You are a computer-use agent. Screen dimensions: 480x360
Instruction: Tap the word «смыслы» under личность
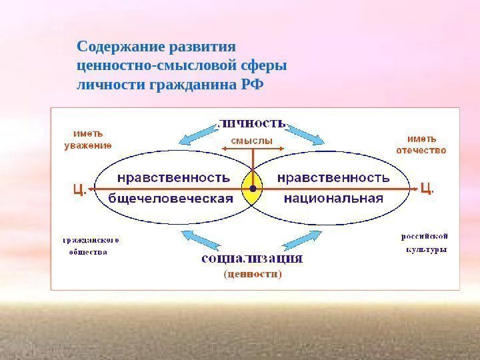pos(252,140)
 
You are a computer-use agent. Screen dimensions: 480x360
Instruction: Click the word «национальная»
pos(333,198)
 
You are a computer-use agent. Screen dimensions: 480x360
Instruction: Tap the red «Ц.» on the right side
pos(427,189)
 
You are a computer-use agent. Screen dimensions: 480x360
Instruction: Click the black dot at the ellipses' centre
pos(253,189)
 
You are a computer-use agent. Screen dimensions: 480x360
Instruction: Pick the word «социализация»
pos(252,258)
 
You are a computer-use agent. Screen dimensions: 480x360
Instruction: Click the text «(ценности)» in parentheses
pos(252,273)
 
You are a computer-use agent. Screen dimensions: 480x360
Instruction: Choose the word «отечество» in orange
pos(421,151)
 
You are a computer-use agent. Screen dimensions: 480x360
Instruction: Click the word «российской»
pos(424,236)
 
